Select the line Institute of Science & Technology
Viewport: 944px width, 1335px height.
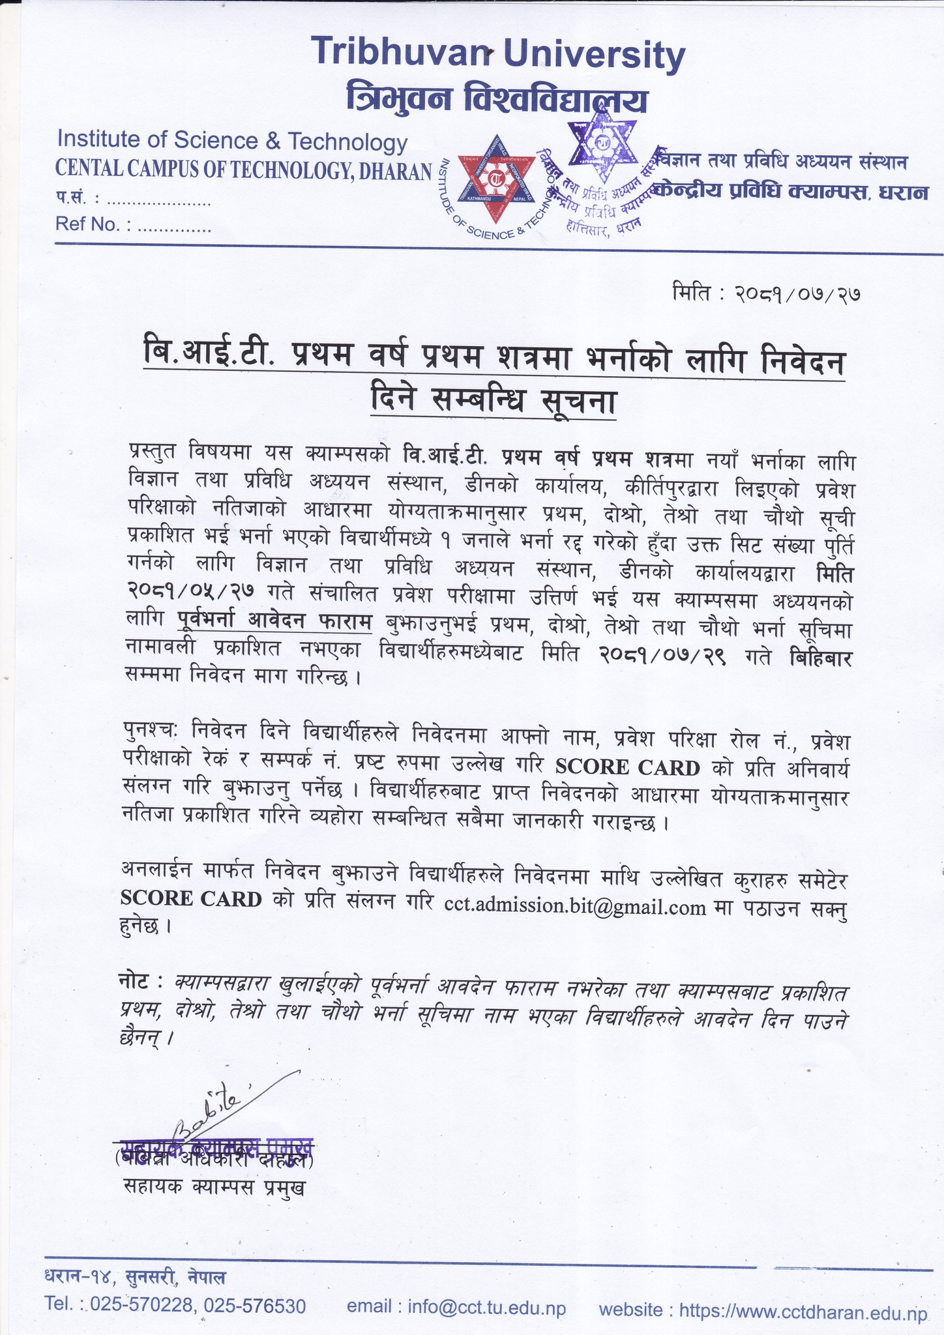pos(232,140)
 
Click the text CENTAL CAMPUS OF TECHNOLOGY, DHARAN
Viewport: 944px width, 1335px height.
pos(243,170)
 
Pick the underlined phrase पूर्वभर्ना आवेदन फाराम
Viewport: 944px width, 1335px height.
pos(274,623)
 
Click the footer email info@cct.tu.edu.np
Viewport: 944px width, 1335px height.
pos(456,1308)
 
